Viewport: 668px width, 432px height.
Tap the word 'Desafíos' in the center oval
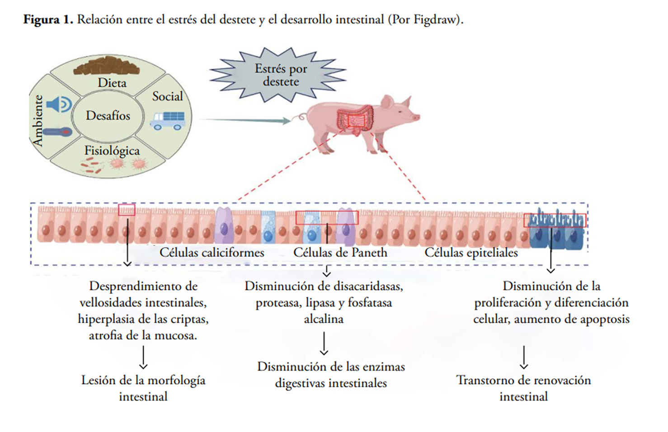108,116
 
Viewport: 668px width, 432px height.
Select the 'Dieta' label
112,83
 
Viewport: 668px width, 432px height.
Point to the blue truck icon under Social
167,120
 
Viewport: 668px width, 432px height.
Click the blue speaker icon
59,104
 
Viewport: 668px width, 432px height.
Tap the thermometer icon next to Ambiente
56,132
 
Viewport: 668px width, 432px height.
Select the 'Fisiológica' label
112,150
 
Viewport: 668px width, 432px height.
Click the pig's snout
416,117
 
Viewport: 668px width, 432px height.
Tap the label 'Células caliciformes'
212,253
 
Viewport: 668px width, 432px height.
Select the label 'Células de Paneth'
340,253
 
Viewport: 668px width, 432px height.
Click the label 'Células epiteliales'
471,253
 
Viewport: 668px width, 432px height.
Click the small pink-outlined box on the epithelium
127,210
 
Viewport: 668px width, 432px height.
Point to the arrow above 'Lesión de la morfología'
143,357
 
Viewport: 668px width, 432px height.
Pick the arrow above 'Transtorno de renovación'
524,357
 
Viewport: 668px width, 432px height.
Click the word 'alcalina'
324,319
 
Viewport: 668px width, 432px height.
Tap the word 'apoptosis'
605,319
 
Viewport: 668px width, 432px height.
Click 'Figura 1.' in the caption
48,20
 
